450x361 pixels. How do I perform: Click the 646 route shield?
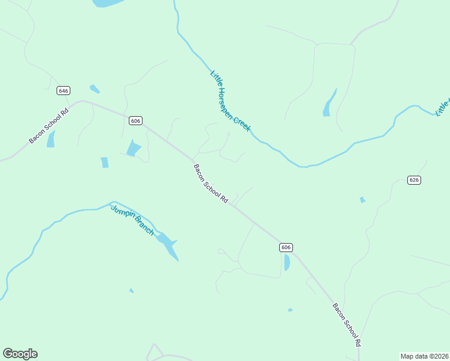(x=64, y=90)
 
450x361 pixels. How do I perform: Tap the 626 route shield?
(x=413, y=180)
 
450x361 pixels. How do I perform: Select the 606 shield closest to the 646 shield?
(x=135, y=121)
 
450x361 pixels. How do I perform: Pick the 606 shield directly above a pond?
(x=286, y=247)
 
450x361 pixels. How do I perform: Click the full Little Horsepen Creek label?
(x=230, y=100)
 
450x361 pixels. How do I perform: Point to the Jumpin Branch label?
(x=132, y=220)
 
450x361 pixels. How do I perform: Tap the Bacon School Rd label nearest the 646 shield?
(x=49, y=126)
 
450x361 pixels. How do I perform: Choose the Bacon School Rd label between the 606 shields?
(x=211, y=183)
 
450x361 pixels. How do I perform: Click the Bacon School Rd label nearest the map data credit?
(x=347, y=324)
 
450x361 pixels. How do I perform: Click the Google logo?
(x=20, y=354)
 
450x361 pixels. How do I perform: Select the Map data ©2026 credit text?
(x=424, y=356)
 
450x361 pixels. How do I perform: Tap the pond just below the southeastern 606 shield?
(x=286, y=262)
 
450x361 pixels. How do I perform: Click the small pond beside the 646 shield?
(x=94, y=89)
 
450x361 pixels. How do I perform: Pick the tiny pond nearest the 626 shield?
(x=362, y=200)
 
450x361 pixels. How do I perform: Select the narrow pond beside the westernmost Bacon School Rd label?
(x=51, y=139)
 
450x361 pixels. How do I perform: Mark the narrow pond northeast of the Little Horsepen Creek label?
(x=329, y=103)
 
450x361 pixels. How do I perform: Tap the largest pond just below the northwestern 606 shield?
(x=133, y=148)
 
